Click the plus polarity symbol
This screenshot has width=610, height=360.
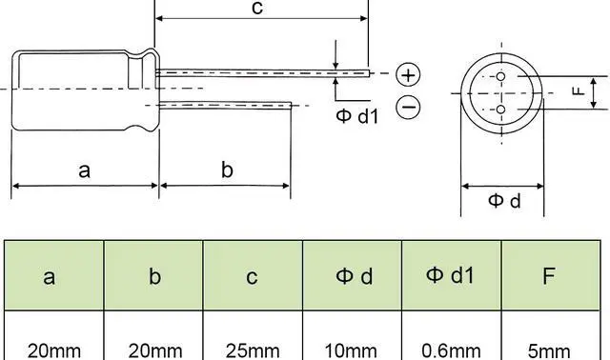pos(408,74)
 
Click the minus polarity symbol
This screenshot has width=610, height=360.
pos(408,108)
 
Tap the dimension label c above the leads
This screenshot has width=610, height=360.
pos(256,9)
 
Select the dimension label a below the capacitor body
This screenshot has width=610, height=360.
pos(84,170)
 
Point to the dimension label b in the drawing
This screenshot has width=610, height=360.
pos(227,170)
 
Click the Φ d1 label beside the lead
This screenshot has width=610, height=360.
pos(357,117)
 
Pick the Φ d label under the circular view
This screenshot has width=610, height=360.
pos(504,201)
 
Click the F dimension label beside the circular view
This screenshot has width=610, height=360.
pos(577,91)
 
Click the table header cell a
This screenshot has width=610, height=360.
pos(52,277)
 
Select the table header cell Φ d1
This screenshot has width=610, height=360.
pos(451,276)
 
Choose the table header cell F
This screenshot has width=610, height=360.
pos(550,277)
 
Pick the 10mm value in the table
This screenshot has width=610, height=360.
pos(352,350)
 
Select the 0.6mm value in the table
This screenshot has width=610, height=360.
pos(451,350)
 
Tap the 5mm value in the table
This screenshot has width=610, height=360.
pos(550,350)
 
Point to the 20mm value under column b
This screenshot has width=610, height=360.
pos(152,350)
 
